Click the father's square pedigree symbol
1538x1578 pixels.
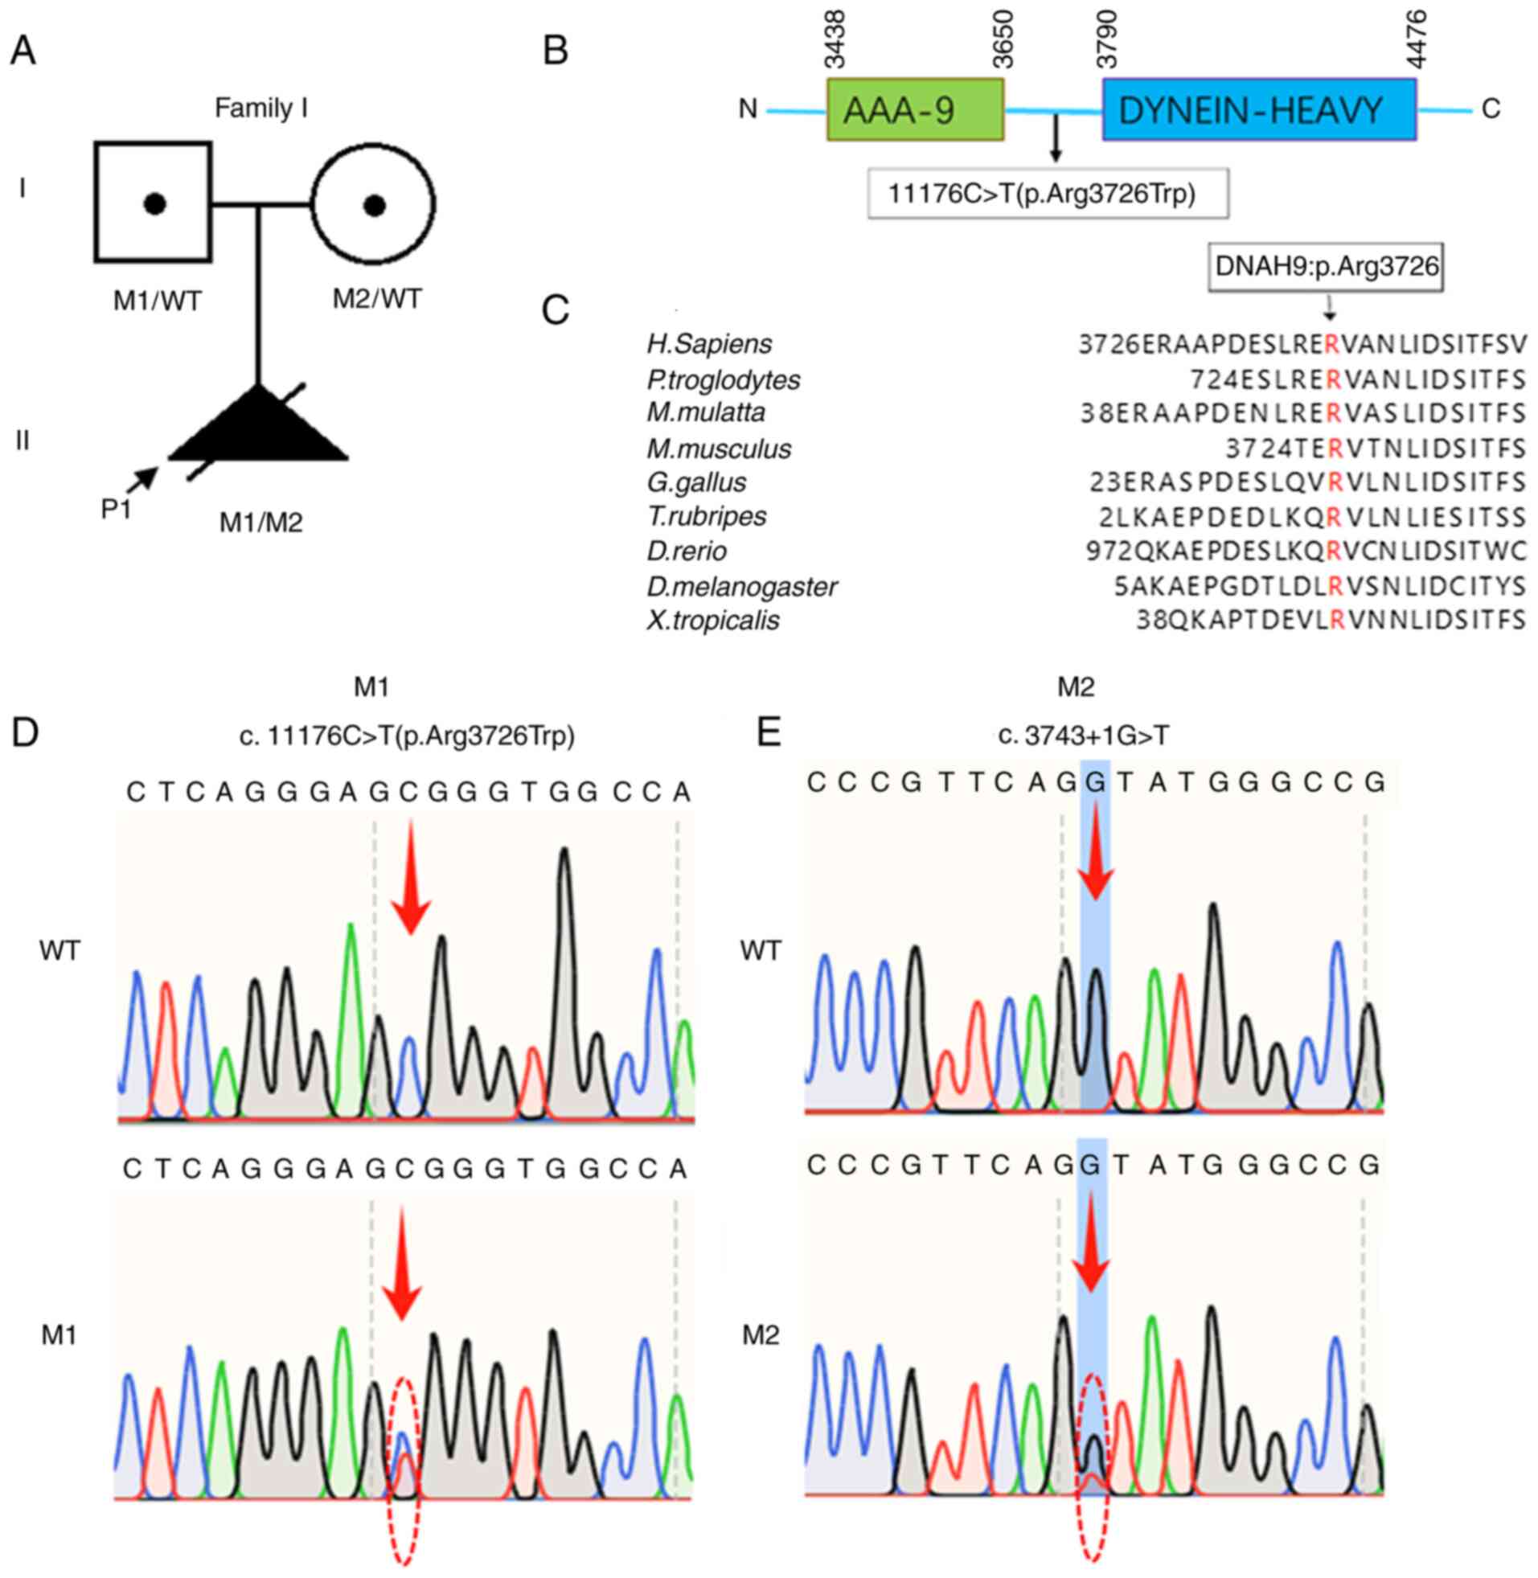point(154,202)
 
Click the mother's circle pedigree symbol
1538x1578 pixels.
point(373,204)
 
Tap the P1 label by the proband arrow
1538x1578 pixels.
point(117,510)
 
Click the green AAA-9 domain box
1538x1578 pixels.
point(914,110)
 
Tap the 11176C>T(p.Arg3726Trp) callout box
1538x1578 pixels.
point(1048,194)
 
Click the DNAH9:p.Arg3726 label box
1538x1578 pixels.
point(1327,267)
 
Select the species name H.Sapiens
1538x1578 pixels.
point(709,345)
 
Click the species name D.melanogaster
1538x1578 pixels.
point(741,586)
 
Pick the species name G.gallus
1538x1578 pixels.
point(696,483)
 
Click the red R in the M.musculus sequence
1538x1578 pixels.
point(1334,449)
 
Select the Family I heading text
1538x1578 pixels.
point(261,109)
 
